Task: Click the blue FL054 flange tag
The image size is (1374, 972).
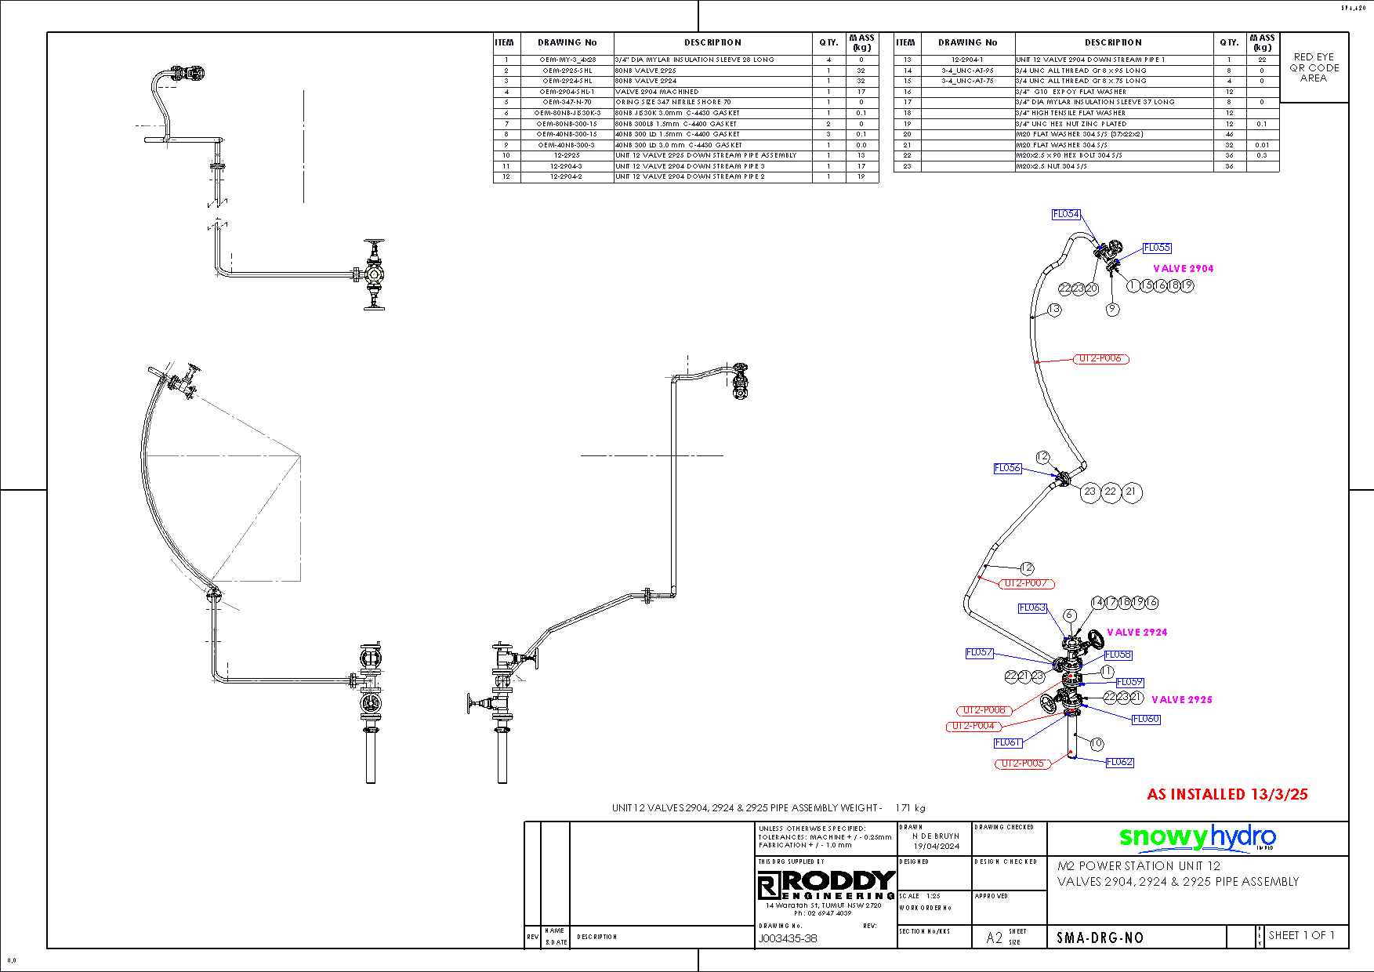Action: [x=1066, y=214]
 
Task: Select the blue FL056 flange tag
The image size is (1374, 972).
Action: [x=1007, y=468]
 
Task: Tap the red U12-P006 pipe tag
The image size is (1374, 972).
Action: [x=1100, y=359]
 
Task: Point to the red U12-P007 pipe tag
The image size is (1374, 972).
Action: [x=1026, y=583]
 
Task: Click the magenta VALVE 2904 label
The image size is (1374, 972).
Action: [x=1183, y=269]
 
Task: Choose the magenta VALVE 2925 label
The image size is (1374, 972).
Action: [x=1181, y=700]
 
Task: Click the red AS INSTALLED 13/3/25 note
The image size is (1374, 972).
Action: [x=1227, y=794]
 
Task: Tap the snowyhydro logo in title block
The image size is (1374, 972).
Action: [x=1197, y=838]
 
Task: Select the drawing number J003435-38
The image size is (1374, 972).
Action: [x=787, y=938]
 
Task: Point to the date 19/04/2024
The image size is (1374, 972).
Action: [x=936, y=846]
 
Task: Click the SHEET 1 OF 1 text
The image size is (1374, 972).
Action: [x=1300, y=935]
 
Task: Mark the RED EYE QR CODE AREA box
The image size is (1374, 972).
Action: [x=1314, y=67]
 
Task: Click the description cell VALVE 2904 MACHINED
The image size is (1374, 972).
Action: [x=657, y=92]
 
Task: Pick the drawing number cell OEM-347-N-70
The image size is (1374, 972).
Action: [x=567, y=102]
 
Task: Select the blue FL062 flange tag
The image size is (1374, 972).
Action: [x=1119, y=762]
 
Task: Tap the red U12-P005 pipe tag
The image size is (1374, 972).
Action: [x=1023, y=763]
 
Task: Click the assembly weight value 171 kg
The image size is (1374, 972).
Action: [x=910, y=807]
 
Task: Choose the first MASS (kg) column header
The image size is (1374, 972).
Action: [x=861, y=42]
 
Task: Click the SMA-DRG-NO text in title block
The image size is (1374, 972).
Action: [x=1100, y=938]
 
